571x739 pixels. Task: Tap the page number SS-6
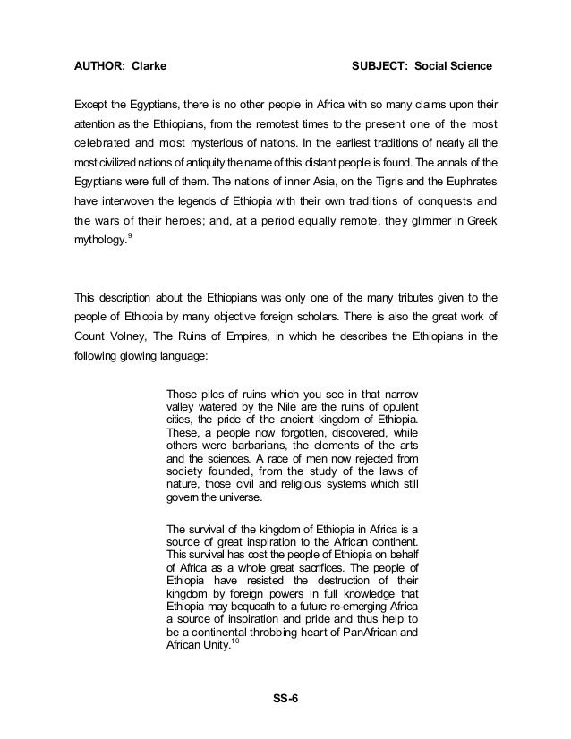click(285, 699)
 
